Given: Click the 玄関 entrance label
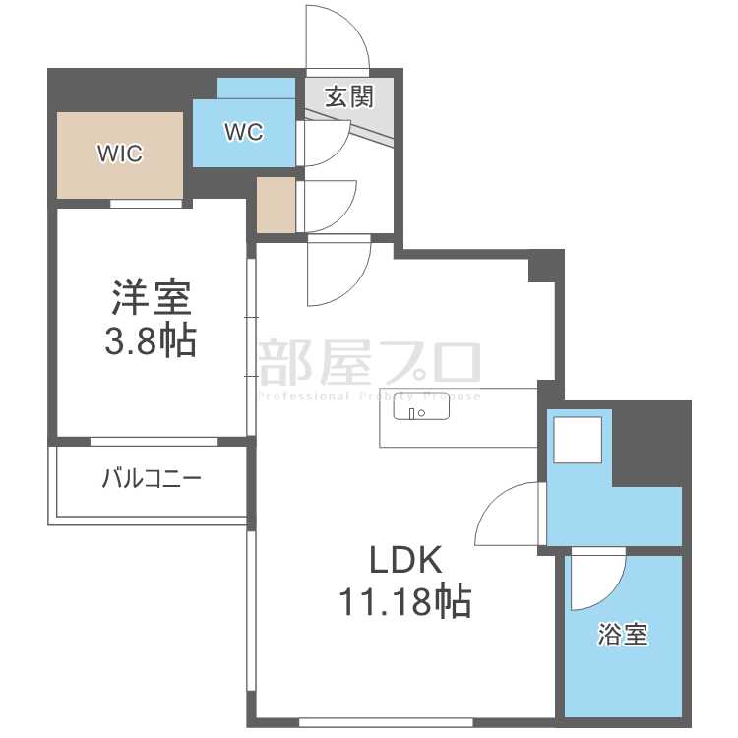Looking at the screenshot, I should (x=349, y=97).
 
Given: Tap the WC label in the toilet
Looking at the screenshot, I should (x=243, y=132).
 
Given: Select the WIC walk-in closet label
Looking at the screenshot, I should (x=119, y=154).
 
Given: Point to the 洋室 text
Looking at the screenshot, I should (x=151, y=298).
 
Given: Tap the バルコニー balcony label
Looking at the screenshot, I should (x=152, y=480).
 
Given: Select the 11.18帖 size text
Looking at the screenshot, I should (x=404, y=599).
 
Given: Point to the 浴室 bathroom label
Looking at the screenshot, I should (x=623, y=635).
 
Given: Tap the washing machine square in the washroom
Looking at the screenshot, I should (x=578, y=439).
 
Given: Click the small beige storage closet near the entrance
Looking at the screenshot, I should (x=276, y=206).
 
